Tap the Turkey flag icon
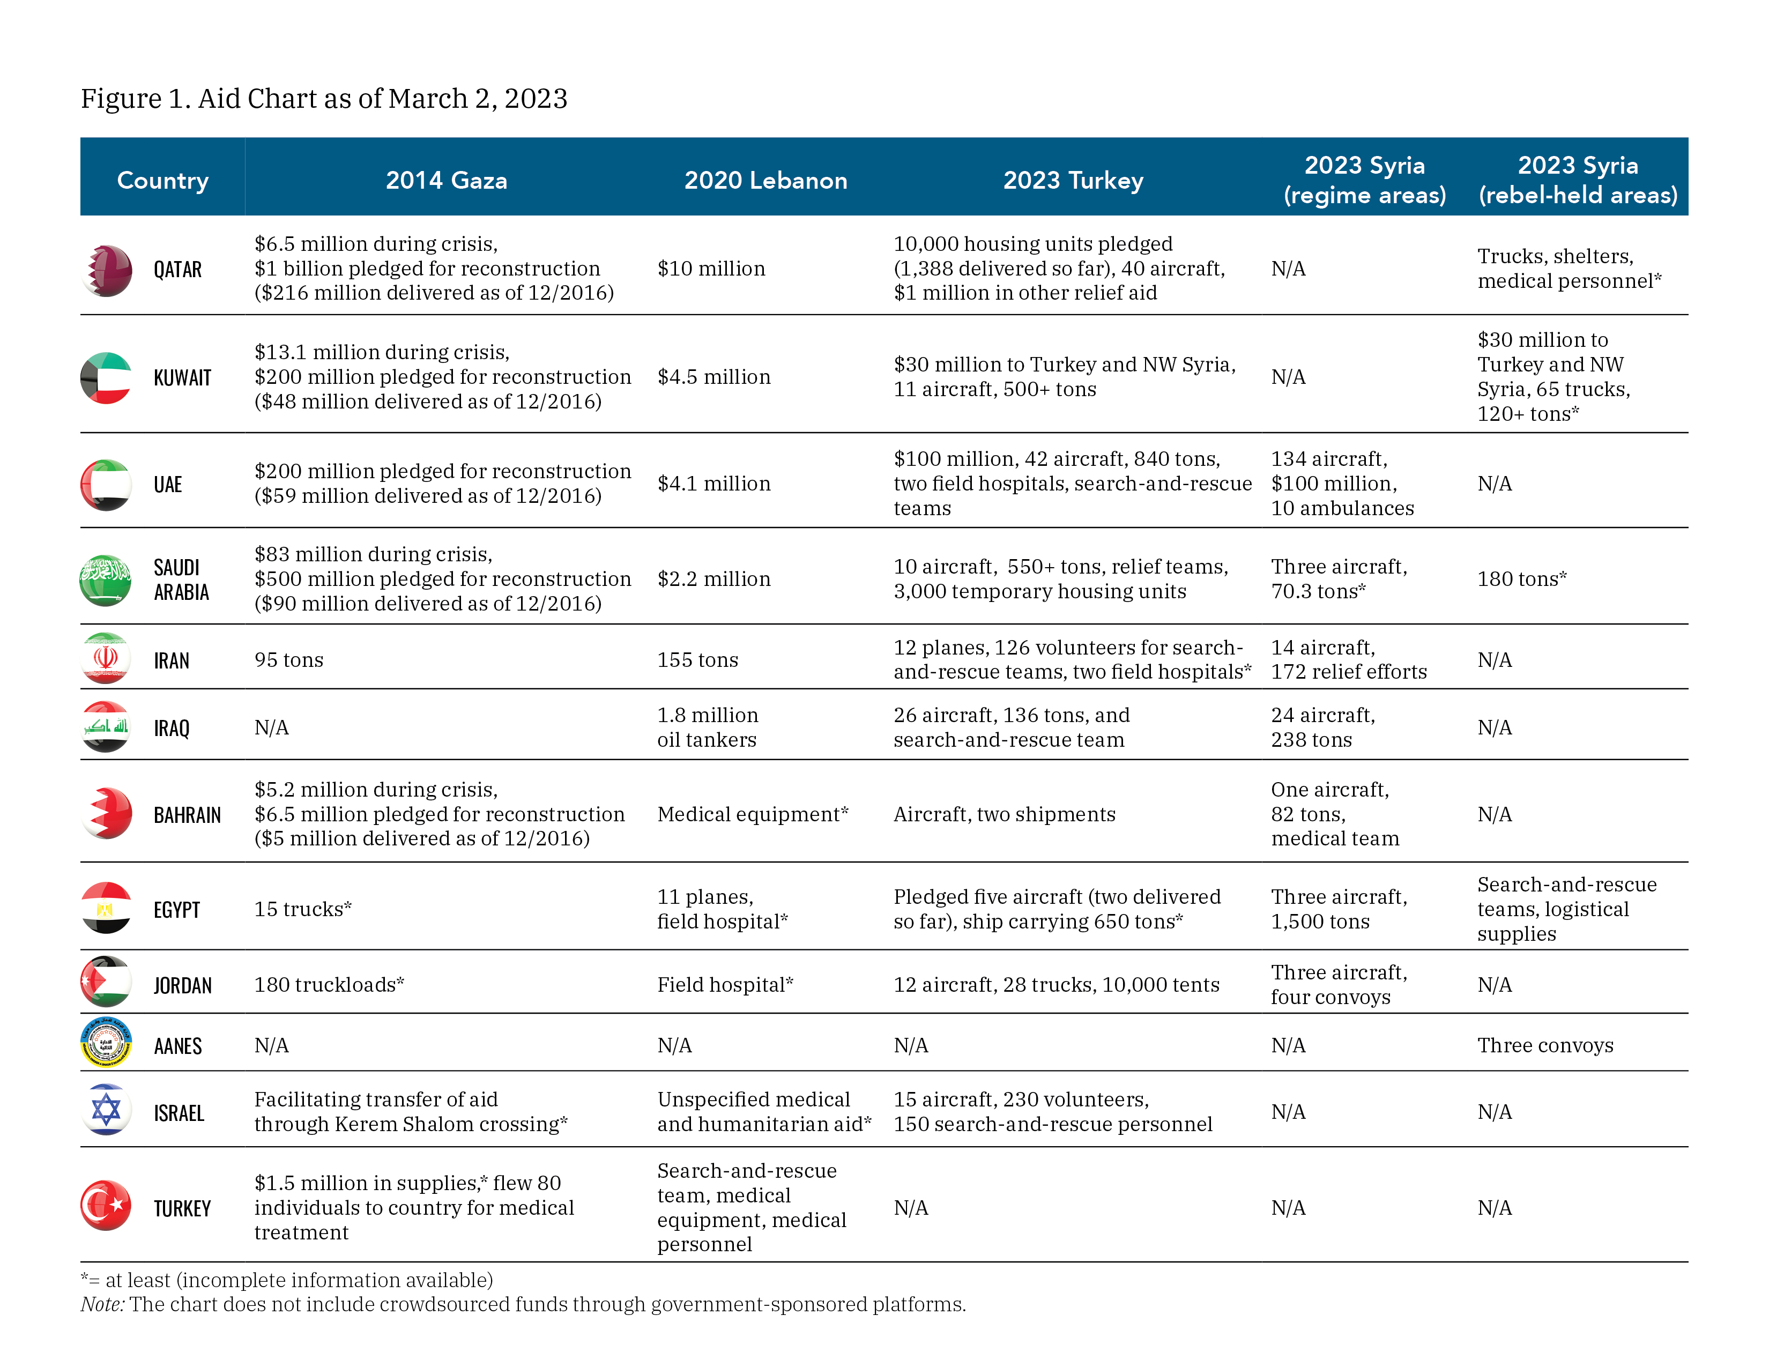coord(106,1206)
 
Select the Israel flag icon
coord(106,1110)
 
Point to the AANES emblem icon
coord(106,1043)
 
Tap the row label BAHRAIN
coord(187,815)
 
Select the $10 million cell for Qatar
coord(711,269)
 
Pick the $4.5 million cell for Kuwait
coord(713,377)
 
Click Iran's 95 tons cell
coord(288,660)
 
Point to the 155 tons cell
coord(697,660)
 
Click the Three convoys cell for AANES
coord(1544,1045)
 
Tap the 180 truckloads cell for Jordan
coord(329,985)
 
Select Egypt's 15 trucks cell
coord(303,909)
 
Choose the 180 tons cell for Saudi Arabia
coord(1521,579)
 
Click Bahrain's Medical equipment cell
coord(753,815)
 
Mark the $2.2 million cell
coord(713,579)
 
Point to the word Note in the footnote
coord(102,1305)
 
